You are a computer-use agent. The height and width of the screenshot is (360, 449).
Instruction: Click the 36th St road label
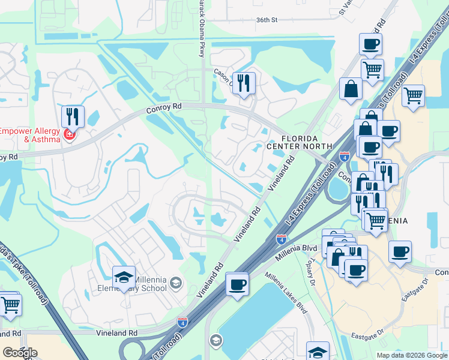(x=268, y=20)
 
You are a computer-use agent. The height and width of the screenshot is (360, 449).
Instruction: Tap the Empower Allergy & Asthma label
(x=30, y=135)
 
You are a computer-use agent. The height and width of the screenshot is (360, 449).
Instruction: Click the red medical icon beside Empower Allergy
(x=70, y=134)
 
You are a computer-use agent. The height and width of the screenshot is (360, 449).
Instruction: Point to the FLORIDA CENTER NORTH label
(x=299, y=142)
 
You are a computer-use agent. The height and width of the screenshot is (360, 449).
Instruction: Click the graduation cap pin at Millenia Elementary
(x=124, y=278)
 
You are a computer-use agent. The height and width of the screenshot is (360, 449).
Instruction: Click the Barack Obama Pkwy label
(x=202, y=27)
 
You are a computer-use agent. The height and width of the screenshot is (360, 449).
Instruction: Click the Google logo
(x=20, y=353)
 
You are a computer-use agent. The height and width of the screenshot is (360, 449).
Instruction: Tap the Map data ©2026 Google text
(x=412, y=355)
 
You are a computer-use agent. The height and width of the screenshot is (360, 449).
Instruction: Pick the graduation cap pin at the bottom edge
(x=318, y=352)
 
